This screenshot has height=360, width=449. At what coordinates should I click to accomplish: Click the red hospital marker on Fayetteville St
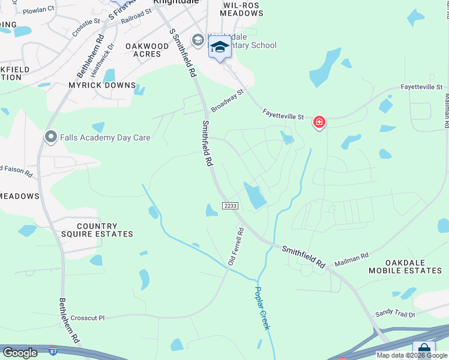click(x=319, y=123)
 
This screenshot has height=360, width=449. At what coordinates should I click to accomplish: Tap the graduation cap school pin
click(x=220, y=47)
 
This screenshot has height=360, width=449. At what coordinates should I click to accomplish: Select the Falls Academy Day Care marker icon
click(x=52, y=137)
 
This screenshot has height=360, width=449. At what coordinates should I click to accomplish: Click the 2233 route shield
click(x=231, y=206)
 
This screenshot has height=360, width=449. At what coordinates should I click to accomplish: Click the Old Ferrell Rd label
click(x=235, y=246)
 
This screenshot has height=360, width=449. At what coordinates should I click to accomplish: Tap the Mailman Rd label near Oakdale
click(x=351, y=259)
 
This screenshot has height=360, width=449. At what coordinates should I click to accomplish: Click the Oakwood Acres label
click(x=147, y=50)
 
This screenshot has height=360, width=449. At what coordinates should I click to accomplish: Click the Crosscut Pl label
click(x=87, y=317)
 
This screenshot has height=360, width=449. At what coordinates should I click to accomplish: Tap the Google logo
click(x=20, y=353)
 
